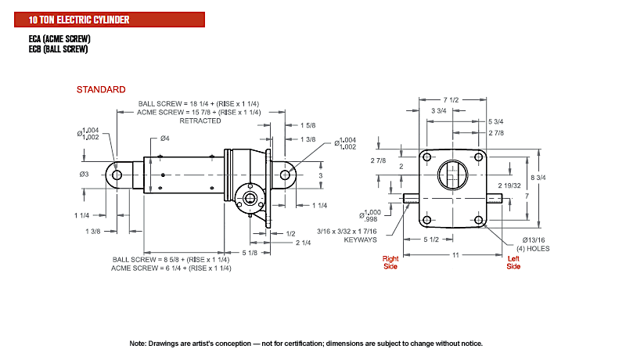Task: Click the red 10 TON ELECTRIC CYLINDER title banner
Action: tap(110, 20)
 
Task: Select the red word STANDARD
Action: tap(101, 89)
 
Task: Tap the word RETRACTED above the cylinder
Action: tap(200, 121)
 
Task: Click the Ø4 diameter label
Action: tap(165, 139)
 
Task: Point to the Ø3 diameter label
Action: tap(84, 175)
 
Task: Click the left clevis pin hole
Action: tap(117, 175)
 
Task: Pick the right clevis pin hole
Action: tap(285, 175)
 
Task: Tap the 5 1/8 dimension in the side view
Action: tap(250, 253)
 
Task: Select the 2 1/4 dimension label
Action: tap(303, 243)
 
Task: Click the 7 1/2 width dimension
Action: tap(452, 100)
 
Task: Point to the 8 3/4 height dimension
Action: tap(538, 178)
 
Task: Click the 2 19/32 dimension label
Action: tap(509, 185)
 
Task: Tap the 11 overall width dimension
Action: tap(455, 255)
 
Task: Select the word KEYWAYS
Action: tap(361, 239)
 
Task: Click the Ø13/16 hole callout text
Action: tap(534, 240)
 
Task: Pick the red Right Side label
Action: tap(390, 263)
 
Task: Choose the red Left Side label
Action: tap(513, 263)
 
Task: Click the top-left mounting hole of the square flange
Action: tap(426, 157)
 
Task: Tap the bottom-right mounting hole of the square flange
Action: tap(479, 219)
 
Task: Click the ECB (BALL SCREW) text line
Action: tap(58, 49)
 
